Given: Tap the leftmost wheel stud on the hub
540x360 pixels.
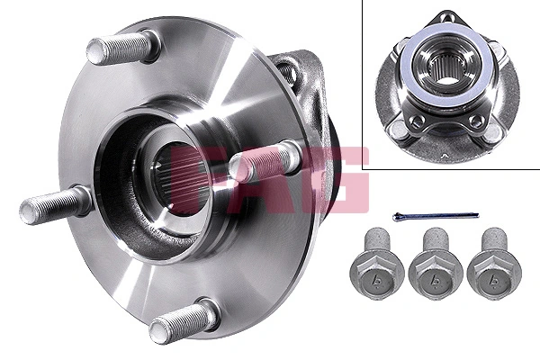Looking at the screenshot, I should click(x=54, y=206).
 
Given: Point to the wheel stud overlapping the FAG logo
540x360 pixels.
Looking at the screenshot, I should click(x=261, y=163).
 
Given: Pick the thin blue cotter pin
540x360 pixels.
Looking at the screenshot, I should click(x=436, y=215).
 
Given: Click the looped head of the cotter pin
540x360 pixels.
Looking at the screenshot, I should click(x=398, y=214).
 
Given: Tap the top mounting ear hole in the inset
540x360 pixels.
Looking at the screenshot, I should click(x=447, y=17).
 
